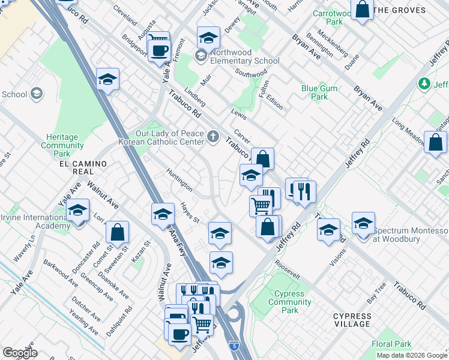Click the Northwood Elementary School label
point(241,61)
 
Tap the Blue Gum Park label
point(315,92)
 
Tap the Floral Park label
point(391,344)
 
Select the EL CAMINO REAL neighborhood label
point(80,167)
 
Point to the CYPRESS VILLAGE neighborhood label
point(352,320)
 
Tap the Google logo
point(19,353)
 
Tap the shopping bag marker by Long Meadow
point(435,143)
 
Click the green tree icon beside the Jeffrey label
point(425,83)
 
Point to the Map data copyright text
point(412,355)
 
